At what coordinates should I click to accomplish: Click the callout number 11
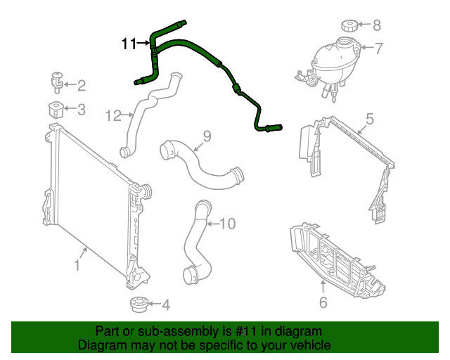pos(129,44)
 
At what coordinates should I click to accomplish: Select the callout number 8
pos(376,26)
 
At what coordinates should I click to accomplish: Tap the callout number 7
pos(378,49)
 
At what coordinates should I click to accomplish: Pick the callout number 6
pos(323,303)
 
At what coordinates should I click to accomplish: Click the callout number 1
pos(77,266)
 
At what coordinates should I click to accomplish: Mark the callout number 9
pos(207,135)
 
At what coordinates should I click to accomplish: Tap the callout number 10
pos(227,224)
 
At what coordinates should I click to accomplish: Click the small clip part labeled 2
pos(56,82)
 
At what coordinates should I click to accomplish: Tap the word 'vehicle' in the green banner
pos(308,345)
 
